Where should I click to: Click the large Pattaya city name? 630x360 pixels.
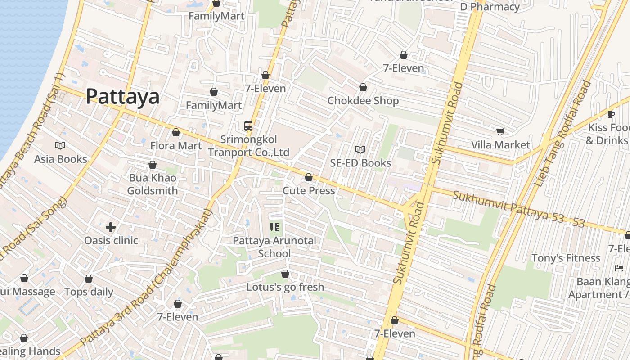(x=122, y=97)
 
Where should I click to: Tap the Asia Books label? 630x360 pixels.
(x=61, y=159)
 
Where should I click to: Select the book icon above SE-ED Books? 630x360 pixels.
(x=360, y=149)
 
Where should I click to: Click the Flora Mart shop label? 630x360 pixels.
(x=176, y=146)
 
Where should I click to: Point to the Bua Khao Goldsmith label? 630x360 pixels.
(x=153, y=184)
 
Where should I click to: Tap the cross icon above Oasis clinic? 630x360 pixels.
(x=111, y=227)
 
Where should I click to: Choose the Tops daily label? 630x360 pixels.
(x=89, y=292)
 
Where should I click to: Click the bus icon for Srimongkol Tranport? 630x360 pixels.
(x=248, y=126)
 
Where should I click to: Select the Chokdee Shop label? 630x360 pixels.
(x=363, y=100)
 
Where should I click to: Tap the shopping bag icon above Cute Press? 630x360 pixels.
(x=309, y=178)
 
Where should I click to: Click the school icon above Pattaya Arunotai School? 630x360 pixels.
(x=274, y=227)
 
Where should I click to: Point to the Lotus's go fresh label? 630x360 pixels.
(x=285, y=287)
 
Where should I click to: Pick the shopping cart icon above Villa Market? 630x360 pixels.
(x=500, y=131)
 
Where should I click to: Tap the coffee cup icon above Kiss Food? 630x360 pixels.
(x=611, y=114)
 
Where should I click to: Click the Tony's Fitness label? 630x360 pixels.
(x=566, y=258)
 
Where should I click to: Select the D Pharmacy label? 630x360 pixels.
(x=490, y=7)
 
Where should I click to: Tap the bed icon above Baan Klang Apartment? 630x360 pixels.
(x=619, y=268)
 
